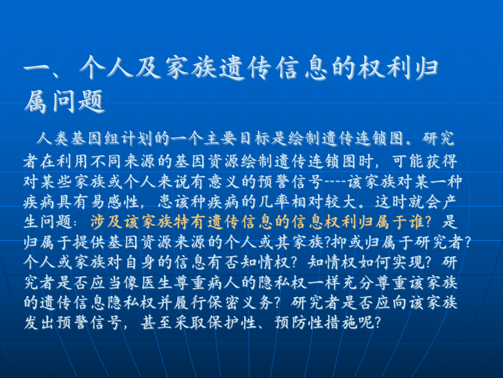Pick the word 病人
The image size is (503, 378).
229,282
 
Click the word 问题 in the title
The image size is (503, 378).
79,102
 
